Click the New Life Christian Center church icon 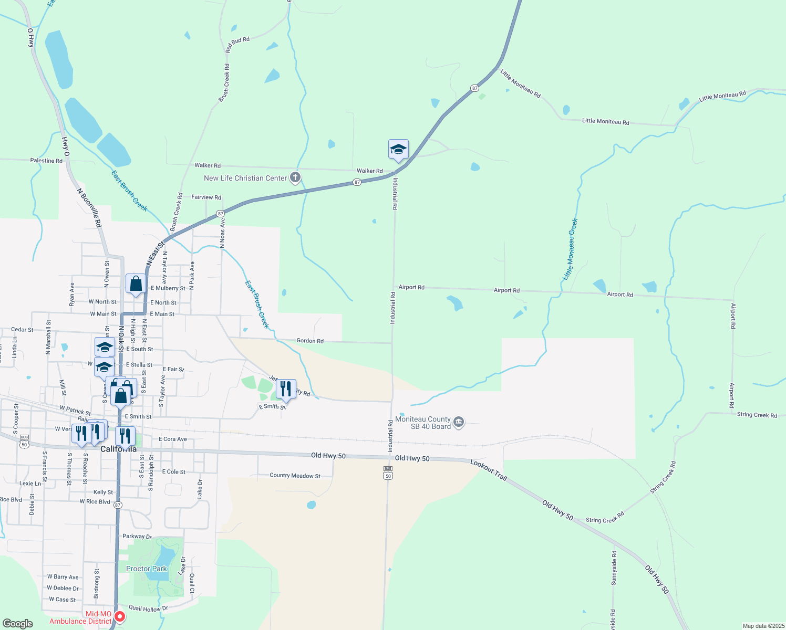click(295, 177)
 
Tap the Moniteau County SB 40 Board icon click(459, 422)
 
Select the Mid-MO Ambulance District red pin click(120, 616)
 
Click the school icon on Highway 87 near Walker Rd click(398, 150)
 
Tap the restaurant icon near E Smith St click(286, 389)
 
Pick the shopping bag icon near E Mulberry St click(136, 284)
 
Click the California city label click(118, 449)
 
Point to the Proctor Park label click(146, 569)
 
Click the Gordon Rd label click(310, 341)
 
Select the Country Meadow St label click(295, 476)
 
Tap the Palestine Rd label click(46, 161)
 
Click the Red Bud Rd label click(237, 45)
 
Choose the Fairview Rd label click(206, 197)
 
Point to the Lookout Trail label click(489, 470)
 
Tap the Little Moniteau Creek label click(571, 249)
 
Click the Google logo click(18, 623)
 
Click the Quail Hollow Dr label click(148, 608)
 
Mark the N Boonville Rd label click(89, 208)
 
